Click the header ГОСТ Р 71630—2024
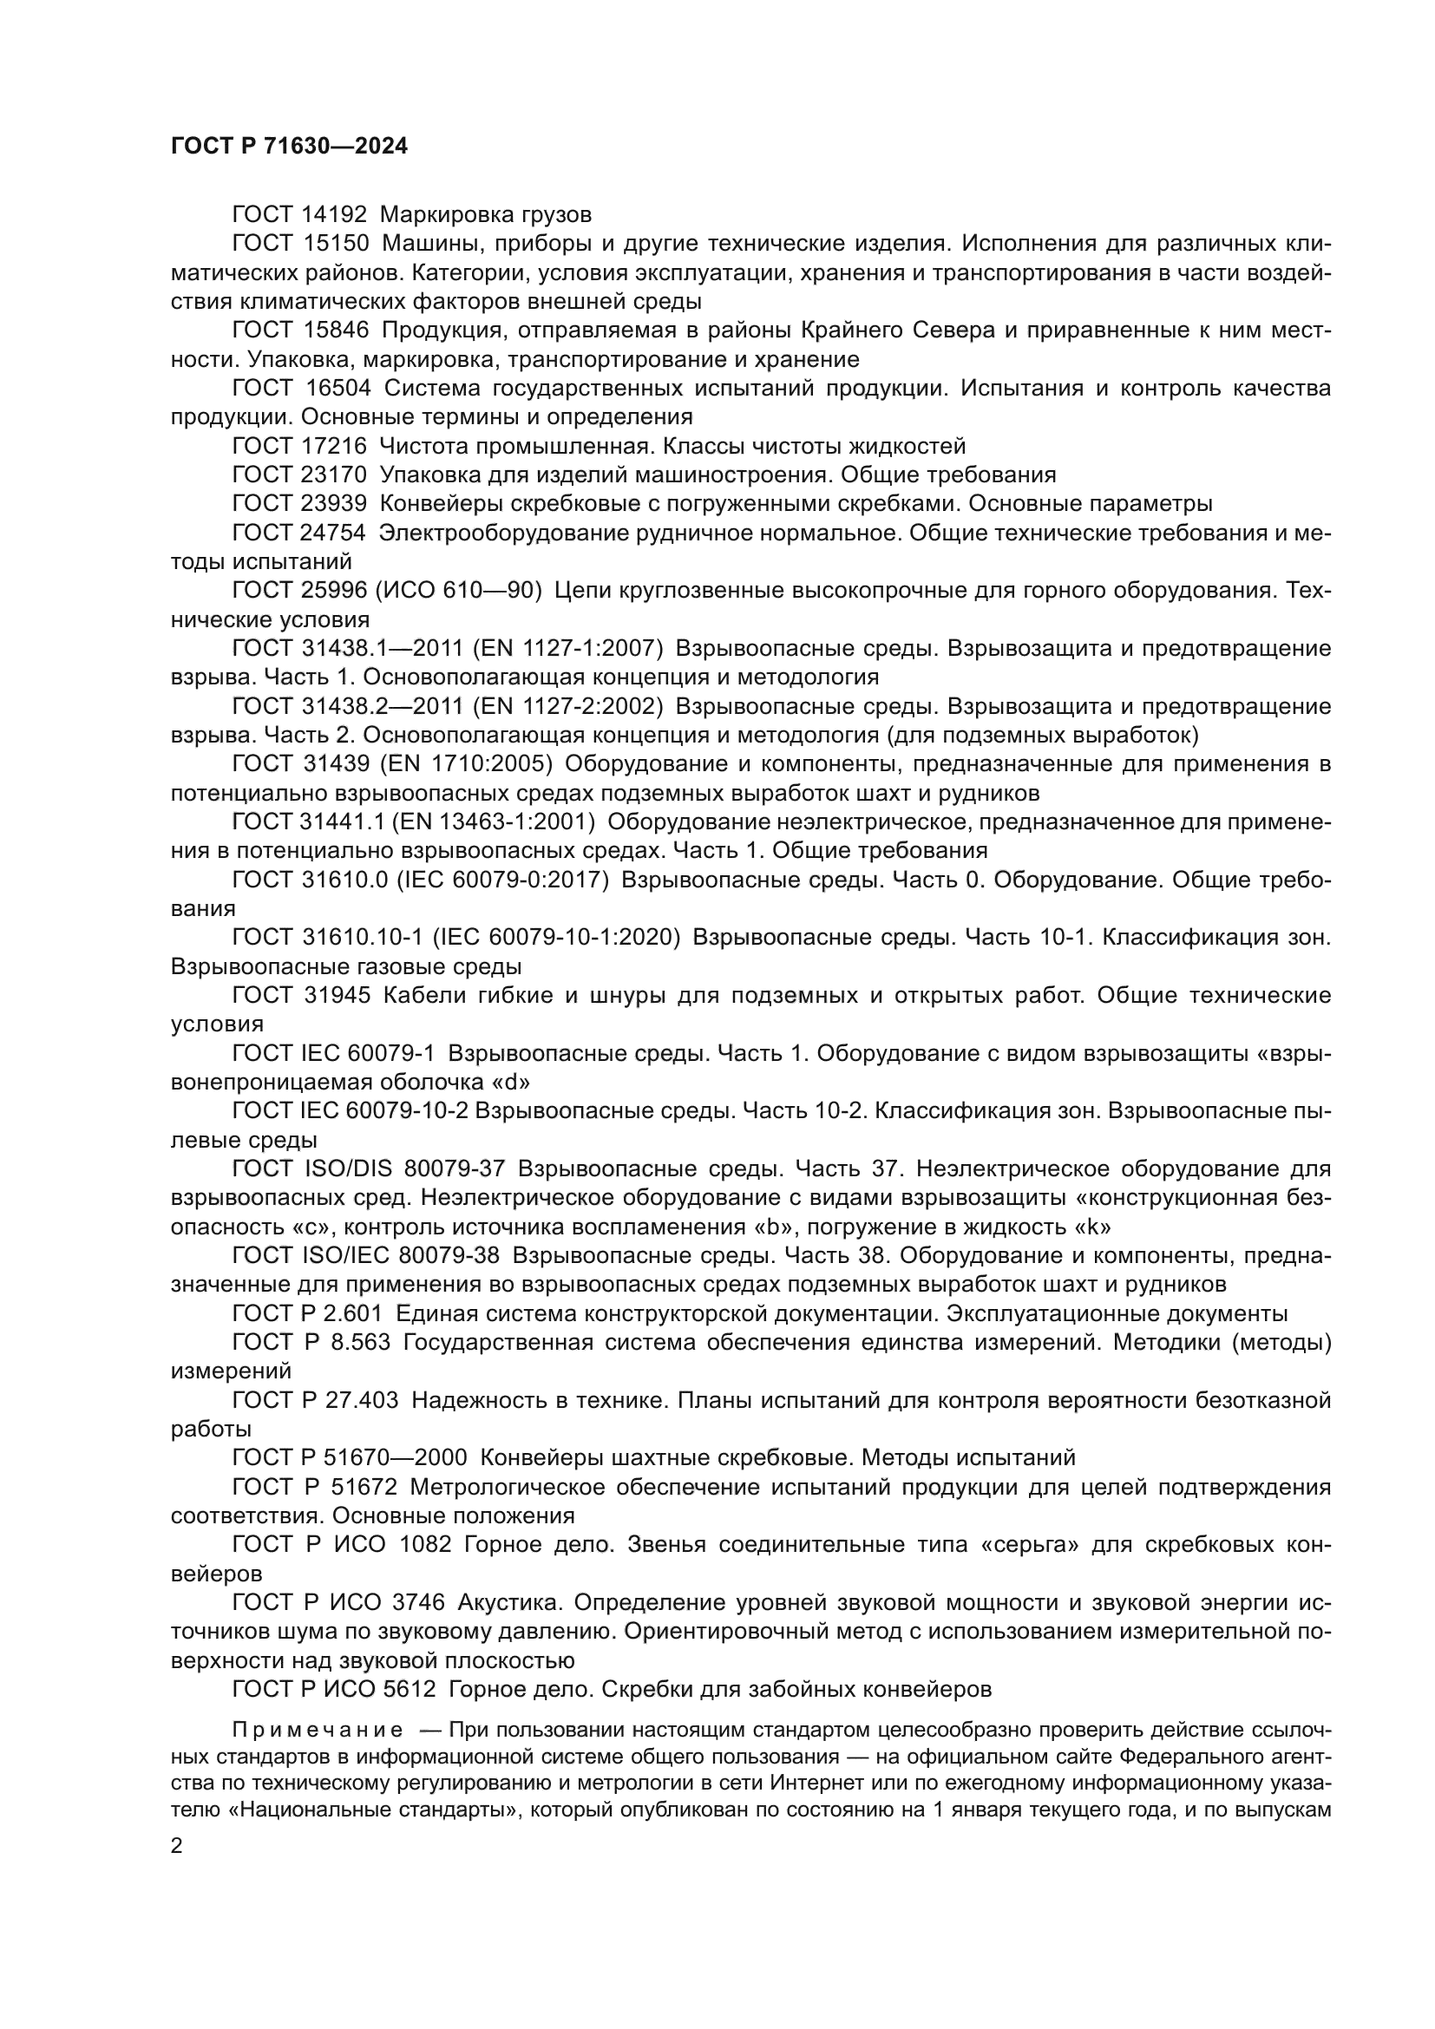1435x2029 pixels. (x=289, y=147)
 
